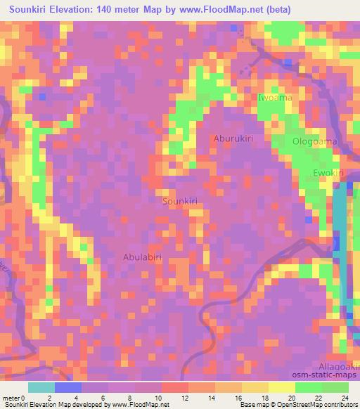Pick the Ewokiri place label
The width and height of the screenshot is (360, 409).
(x=327, y=172)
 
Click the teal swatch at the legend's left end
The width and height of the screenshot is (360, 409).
(x=41, y=387)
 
